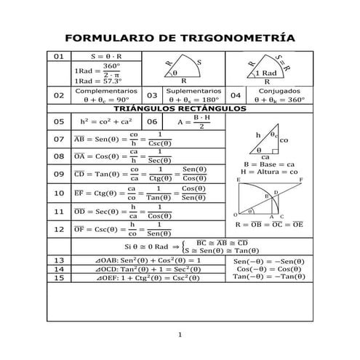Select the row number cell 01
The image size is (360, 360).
coord(59,56)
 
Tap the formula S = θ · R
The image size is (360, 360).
coord(106,56)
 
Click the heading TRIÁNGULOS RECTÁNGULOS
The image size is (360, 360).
coord(180,108)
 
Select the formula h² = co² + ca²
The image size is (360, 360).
coord(106,121)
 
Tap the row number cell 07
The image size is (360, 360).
coord(59,139)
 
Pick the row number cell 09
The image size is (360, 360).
coord(59,174)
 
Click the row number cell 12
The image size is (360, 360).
coord(59,229)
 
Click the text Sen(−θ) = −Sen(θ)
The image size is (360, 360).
coord(268,260)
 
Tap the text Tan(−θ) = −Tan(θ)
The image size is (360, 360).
coord(268,276)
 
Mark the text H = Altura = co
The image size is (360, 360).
coord(268,172)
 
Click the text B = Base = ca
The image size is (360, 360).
coord(268,164)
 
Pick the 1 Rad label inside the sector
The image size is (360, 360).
coord(267,73)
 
